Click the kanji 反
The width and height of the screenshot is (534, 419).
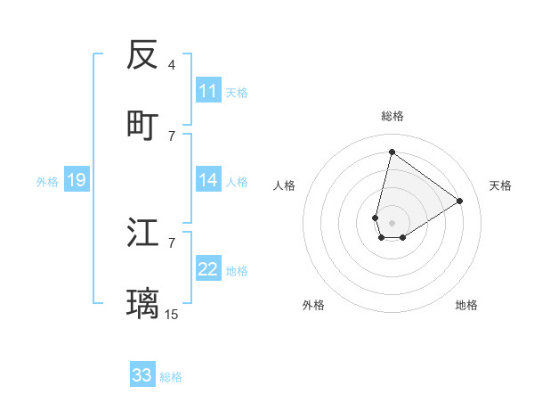click(x=143, y=55)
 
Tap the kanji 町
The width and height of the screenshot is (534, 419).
click(x=143, y=125)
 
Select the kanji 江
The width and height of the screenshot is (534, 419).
click(x=143, y=234)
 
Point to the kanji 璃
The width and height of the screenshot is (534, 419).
click(x=143, y=303)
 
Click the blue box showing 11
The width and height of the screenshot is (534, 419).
click(x=208, y=91)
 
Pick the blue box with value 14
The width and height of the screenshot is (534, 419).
click(x=208, y=181)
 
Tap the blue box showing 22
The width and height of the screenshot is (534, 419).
click(x=208, y=270)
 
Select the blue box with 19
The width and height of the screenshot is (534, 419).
click(x=77, y=181)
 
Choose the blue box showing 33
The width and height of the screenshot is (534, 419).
click(x=142, y=375)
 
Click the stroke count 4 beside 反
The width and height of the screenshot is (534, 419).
click(x=172, y=65)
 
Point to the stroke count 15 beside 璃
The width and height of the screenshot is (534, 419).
click(x=172, y=314)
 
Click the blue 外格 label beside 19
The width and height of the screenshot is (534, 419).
click(x=47, y=182)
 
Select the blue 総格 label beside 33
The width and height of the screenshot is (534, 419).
click(x=171, y=376)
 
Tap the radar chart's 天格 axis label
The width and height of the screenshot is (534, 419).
click(x=501, y=185)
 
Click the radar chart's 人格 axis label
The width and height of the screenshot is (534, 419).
click(x=285, y=185)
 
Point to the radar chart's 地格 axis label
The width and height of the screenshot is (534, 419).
click(x=466, y=305)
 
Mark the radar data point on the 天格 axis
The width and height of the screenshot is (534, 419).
click(x=460, y=201)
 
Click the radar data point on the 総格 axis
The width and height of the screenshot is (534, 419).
click(x=392, y=152)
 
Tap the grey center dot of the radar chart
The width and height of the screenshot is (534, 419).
click(x=392, y=223)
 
